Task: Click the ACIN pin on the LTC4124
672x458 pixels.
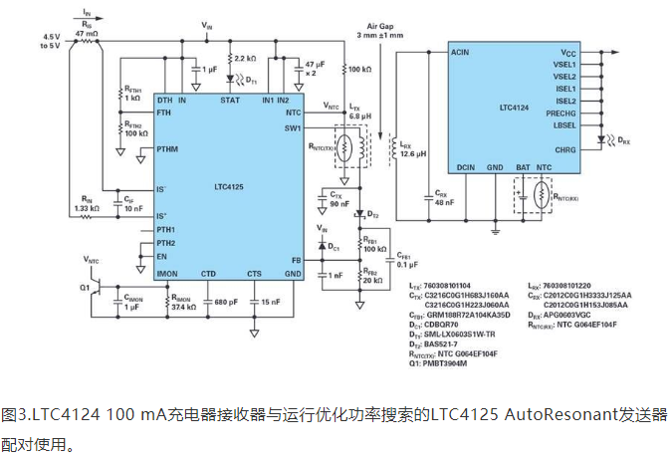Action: pos(460,51)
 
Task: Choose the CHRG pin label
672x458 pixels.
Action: pos(566,150)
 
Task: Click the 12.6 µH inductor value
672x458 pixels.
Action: pos(414,154)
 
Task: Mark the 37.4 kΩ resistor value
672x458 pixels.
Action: pos(184,307)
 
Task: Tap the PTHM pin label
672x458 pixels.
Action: pos(168,149)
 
